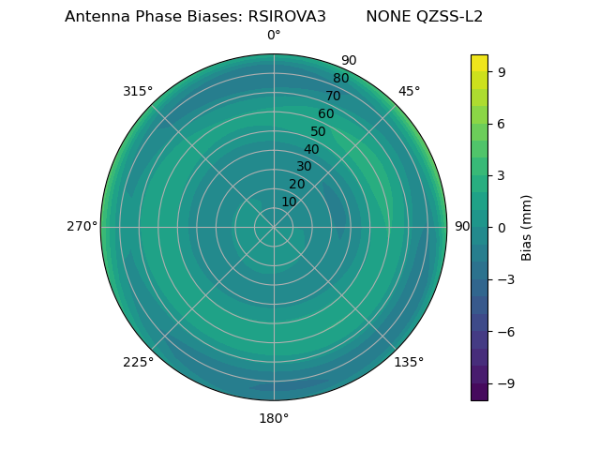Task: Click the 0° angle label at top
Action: [x=274, y=36]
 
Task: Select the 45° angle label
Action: [x=409, y=91]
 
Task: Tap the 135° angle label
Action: [x=409, y=362]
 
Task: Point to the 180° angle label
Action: [x=274, y=418]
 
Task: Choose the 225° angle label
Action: [x=138, y=363]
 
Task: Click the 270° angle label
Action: [x=82, y=227]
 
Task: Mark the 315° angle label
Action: [x=138, y=91]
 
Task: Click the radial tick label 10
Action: [x=289, y=202]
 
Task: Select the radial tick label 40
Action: [x=311, y=149]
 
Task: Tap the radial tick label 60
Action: [x=326, y=114]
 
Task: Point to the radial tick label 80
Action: [x=341, y=79]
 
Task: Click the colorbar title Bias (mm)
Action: [x=527, y=227]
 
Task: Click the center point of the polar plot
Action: [x=274, y=227]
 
